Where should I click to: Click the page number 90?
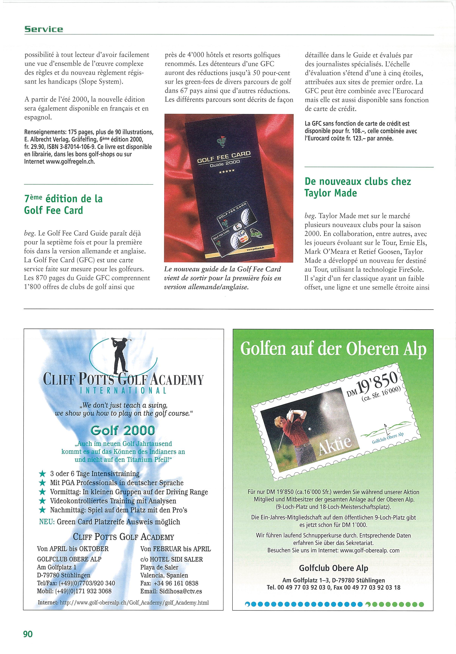28,634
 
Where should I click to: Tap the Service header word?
44,29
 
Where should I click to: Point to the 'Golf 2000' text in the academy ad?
123,430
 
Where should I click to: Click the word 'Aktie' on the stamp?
335,445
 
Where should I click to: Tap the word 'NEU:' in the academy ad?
47,522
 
